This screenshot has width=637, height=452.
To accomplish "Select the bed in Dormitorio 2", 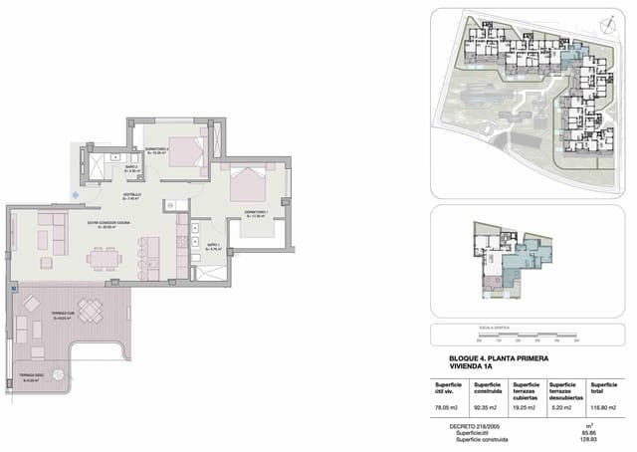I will [184, 150].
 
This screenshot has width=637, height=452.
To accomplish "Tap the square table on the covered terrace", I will [90, 314].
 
